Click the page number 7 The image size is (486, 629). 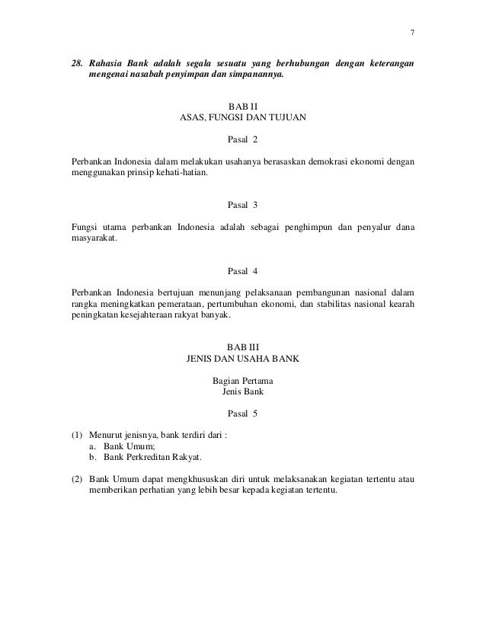(x=411, y=34)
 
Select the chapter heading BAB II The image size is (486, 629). (x=243, y=107)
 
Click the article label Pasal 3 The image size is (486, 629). (x=243, y=206)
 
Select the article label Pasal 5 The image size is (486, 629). (x=243, y=414)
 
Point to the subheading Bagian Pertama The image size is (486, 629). (x=243, y=381)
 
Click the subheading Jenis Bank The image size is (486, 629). (x=243, y=392)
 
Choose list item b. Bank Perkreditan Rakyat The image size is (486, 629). (x=145, y=457)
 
